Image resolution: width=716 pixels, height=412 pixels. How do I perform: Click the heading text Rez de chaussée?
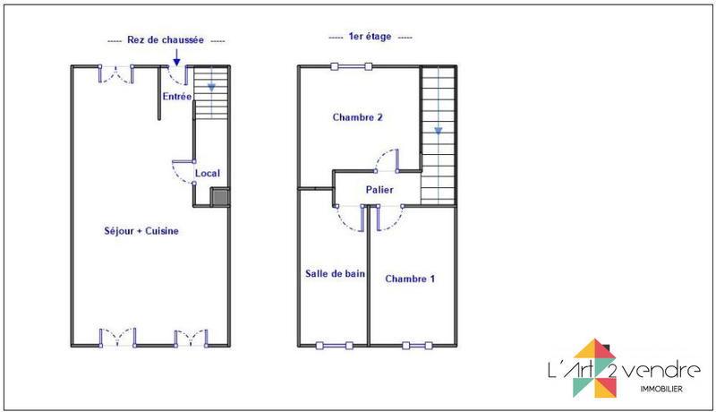[166, 40]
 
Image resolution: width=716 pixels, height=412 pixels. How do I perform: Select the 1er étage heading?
[370, 38]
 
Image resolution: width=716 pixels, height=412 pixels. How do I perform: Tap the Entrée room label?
[176, 96]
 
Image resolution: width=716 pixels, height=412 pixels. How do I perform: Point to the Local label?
[208, 173]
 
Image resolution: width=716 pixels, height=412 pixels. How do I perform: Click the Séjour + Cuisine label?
[141, 231]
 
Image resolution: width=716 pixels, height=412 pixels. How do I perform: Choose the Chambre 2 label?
[358, 117]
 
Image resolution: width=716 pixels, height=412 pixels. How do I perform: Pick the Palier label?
[379, 190]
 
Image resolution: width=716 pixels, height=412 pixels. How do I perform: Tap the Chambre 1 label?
[410, 279]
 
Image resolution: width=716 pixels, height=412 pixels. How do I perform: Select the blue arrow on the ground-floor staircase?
[211, 88]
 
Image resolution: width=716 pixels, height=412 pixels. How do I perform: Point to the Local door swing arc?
[183, 171]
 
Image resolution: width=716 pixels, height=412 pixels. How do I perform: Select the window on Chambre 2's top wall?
[350, 65]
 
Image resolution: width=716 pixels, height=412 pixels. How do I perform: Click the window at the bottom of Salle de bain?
[333, 344]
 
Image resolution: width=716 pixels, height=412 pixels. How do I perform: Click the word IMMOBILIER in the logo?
[658, 389]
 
